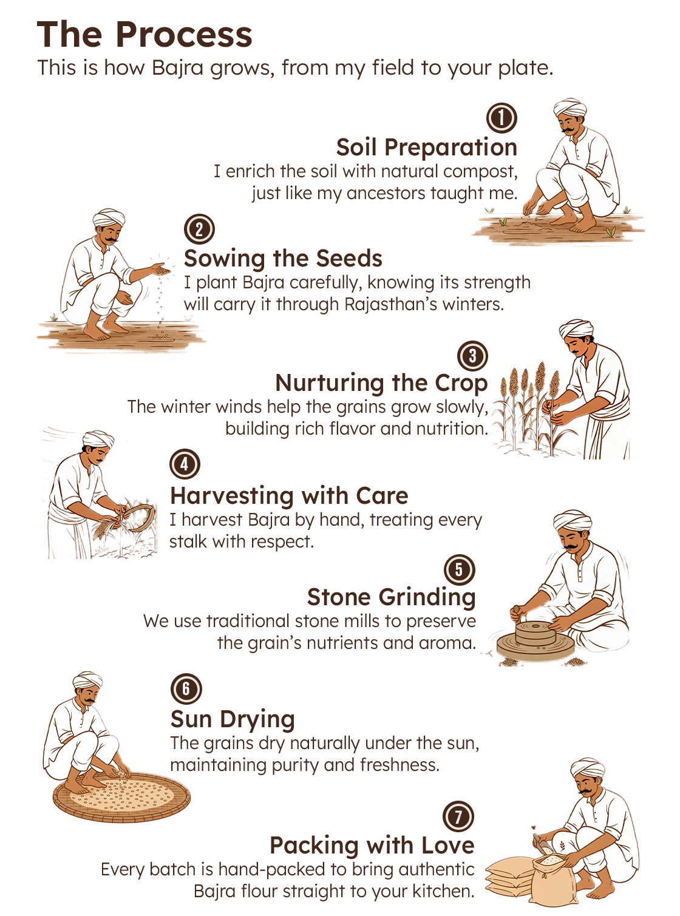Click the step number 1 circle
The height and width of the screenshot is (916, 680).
pyautogui.click(x=502, y=118)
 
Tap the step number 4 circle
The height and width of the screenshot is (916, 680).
pyautogui.click(x=185, y=464)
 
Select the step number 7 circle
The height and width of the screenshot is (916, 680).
pyautogui.click(x=458, y=816)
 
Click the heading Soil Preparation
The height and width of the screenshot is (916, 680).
pyautogui.click(x=426, y=148)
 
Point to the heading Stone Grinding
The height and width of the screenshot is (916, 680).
pyautogui.click(x=391, y=597)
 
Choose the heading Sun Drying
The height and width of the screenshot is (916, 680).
pyautogui.click(x=233, y=719)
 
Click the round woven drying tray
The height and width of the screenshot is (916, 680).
pyautogui.click(x=121, y=796)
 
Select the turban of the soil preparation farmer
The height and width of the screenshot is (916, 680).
pyautogui.click(x=569, y=109)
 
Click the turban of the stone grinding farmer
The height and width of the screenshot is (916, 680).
pyautogui.click(x=572, y=520)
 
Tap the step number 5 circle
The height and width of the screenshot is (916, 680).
pyautogui.click(x=460, y=570)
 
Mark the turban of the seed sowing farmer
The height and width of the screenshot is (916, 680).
pyautogui.click(x=109, y=218)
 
